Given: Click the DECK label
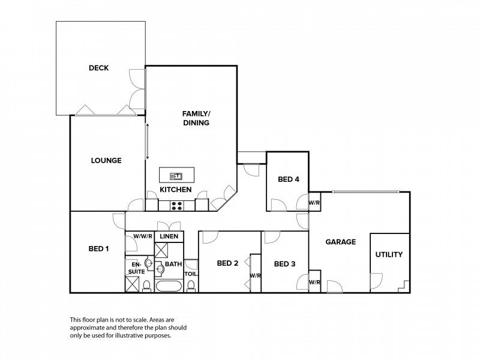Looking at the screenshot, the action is pos(98,68).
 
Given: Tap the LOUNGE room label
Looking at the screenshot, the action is pos(106,160).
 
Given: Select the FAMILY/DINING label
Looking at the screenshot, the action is pos(196,118).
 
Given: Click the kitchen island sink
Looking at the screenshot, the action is pos(176,176).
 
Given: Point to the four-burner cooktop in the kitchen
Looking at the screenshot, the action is pos(176,206).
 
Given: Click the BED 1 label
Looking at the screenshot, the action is pos(98,249).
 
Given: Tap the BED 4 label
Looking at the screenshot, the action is pos(289,179).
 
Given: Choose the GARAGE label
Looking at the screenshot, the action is pos(341,242).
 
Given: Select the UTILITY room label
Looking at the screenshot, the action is pos(389,254).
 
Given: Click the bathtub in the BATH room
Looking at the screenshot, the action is pos(169,287).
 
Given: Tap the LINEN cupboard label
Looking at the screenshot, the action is pos(169,236).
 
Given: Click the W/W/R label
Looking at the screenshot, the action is pos(143,236).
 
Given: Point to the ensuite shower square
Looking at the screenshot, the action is pos(132,284).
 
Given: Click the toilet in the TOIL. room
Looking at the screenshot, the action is pos(191,286).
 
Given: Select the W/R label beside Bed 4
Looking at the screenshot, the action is pos(314,203).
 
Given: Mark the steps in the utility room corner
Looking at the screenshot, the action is pos(404,286).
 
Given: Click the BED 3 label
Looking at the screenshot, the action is pos(284,264).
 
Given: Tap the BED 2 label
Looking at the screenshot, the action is pos(227,263).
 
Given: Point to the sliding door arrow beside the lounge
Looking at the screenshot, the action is pos(147,142).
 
